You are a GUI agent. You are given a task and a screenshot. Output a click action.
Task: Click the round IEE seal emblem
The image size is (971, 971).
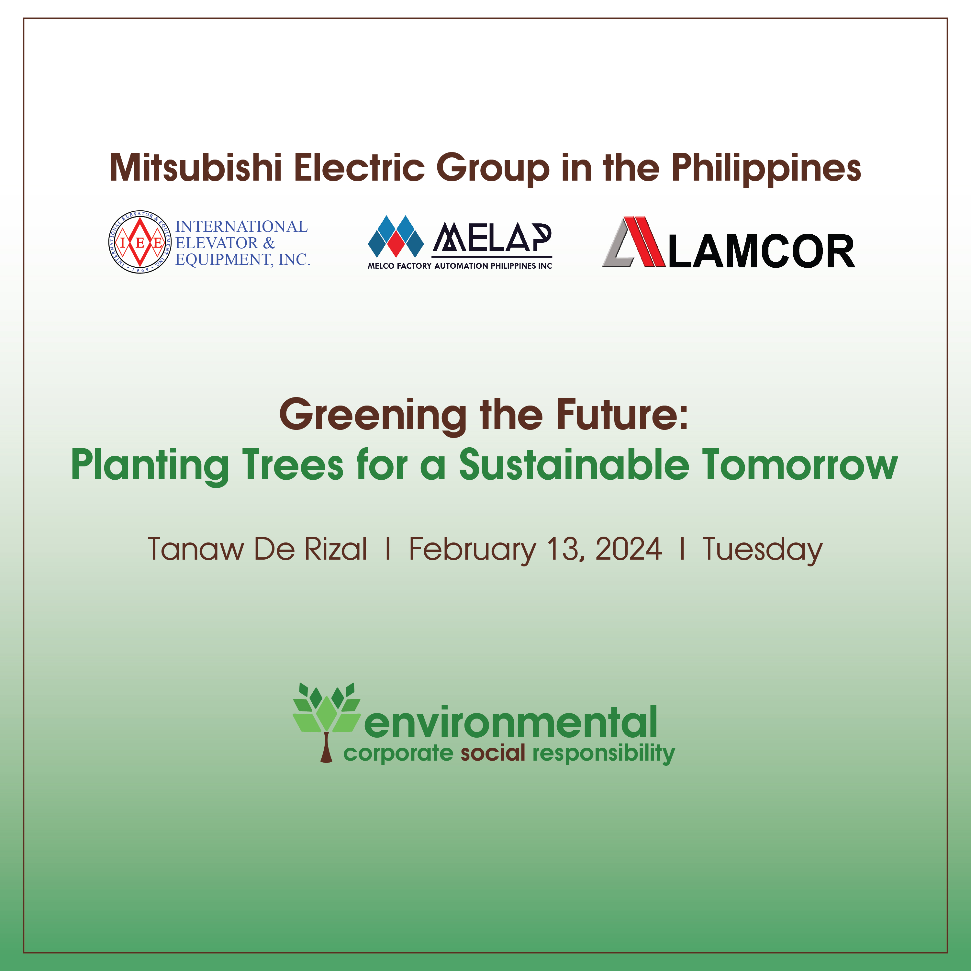tap(140, 242)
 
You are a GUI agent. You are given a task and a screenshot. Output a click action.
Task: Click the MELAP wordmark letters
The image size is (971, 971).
tap(492, 237)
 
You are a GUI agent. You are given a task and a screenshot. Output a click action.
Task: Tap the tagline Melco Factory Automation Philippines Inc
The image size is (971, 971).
tap(460, 266)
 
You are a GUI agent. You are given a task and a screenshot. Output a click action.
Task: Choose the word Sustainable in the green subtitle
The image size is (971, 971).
tap(574, 464)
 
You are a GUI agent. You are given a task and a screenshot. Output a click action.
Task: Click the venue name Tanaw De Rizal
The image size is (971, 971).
tap(257, 549)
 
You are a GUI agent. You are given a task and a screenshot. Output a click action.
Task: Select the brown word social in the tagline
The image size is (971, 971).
tap(493, 753)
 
